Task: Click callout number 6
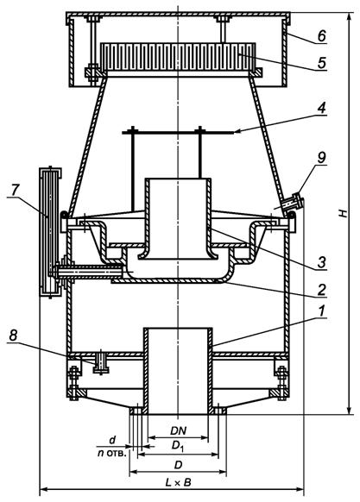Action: point(321,36)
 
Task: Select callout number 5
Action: point(322,63)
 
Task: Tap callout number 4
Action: point(321,108)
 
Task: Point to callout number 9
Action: point(321,158)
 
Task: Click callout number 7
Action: point(14,191)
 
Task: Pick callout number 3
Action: point(321,262)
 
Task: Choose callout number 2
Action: point(321,290)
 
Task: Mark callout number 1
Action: point(322,311)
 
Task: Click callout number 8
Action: point(13,336)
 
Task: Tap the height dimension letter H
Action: point(344,213)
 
